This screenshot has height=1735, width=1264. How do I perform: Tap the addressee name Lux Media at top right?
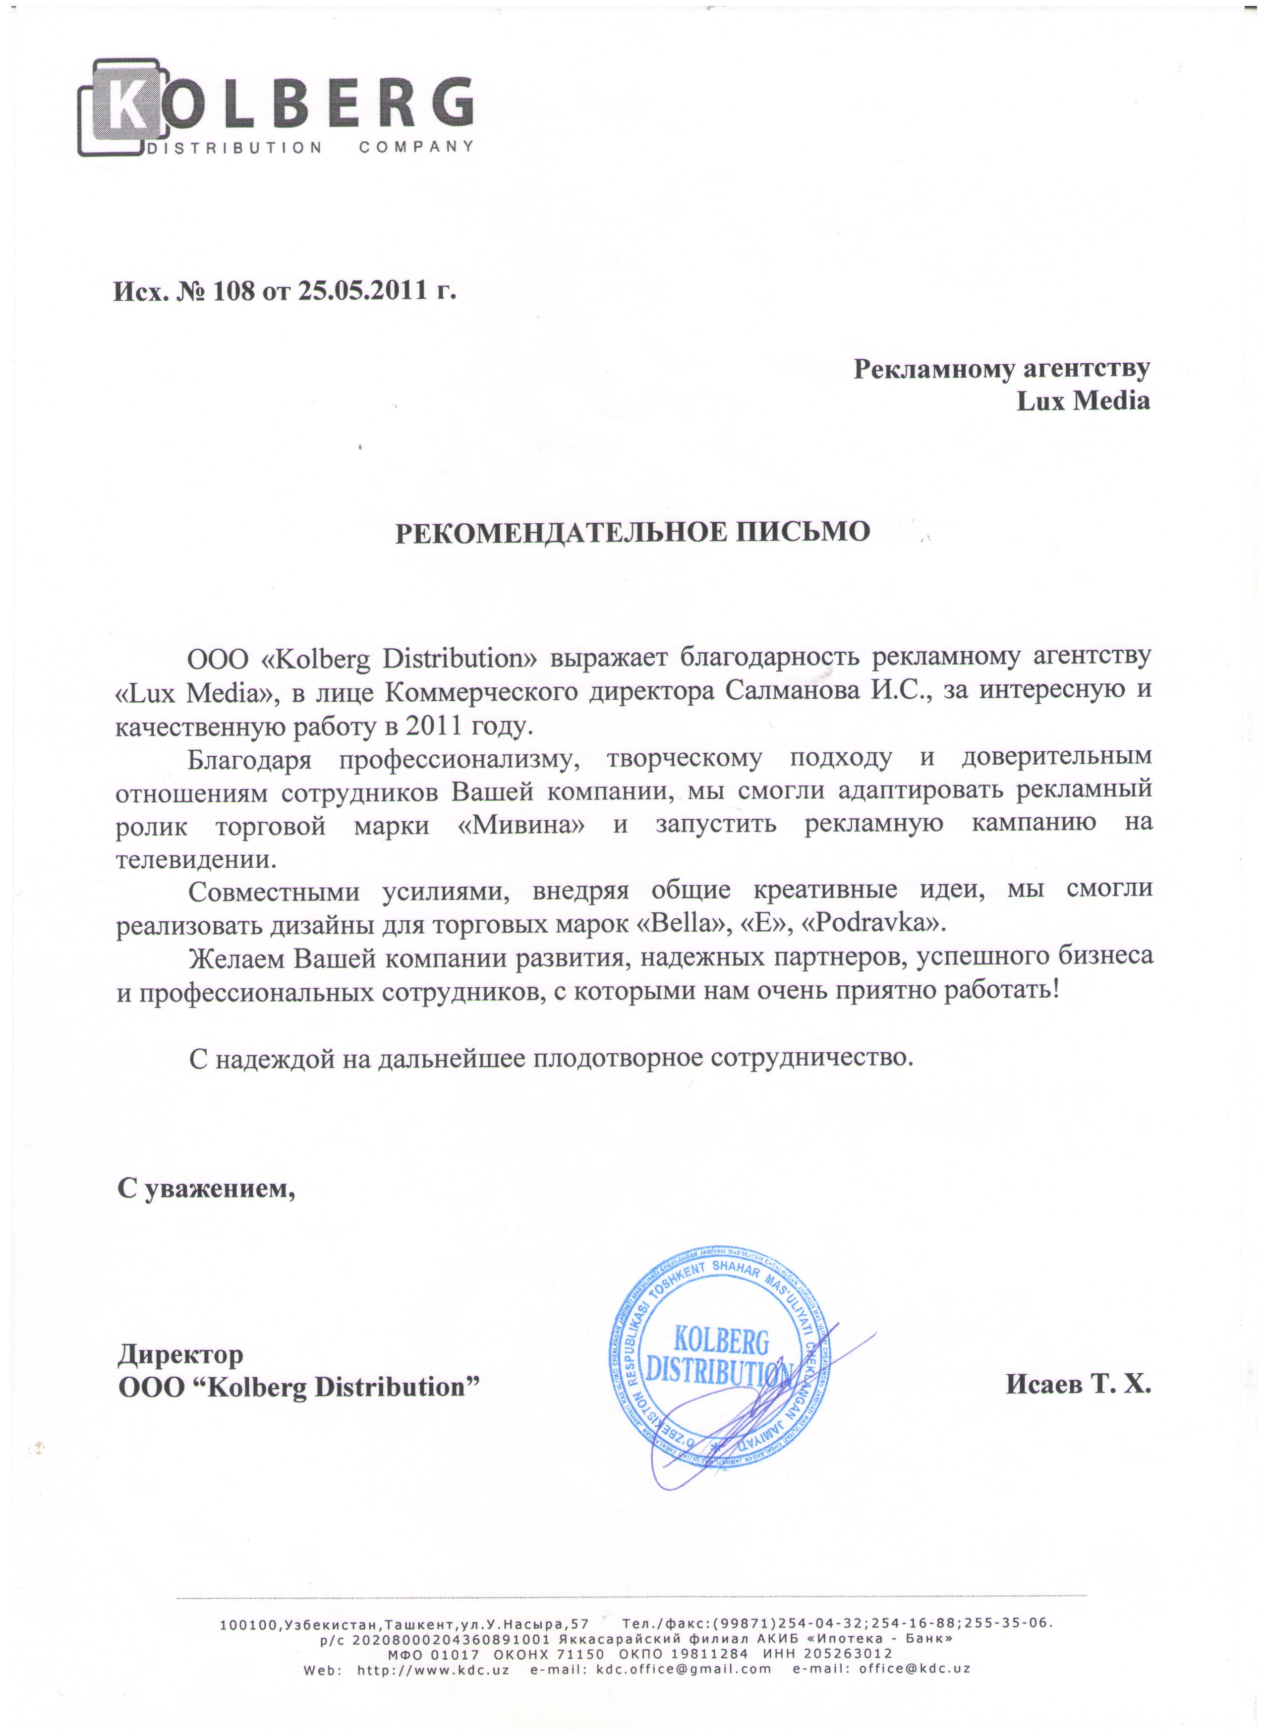(1082, 401)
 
